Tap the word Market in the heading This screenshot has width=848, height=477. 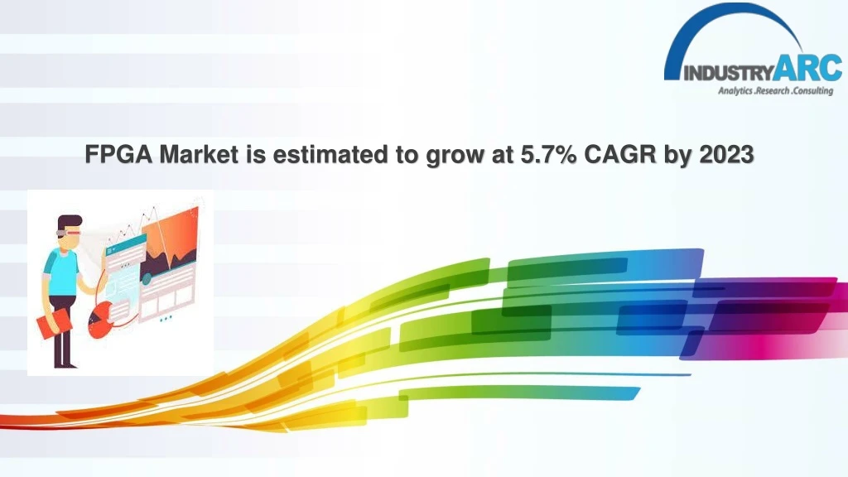coord(199,155)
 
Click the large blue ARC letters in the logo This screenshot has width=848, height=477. coord(808,68)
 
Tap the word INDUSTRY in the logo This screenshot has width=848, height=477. coord(729,73)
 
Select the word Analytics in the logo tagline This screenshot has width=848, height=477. coord(735,91)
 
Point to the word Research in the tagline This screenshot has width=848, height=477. coord(773,90)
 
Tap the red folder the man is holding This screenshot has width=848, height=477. coord(54,324)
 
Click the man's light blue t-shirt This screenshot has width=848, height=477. coord(61,272)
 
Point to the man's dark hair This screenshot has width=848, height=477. coord(70,222)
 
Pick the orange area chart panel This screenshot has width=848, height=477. coord(171,243)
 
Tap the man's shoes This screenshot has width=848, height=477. coord(65,365)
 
